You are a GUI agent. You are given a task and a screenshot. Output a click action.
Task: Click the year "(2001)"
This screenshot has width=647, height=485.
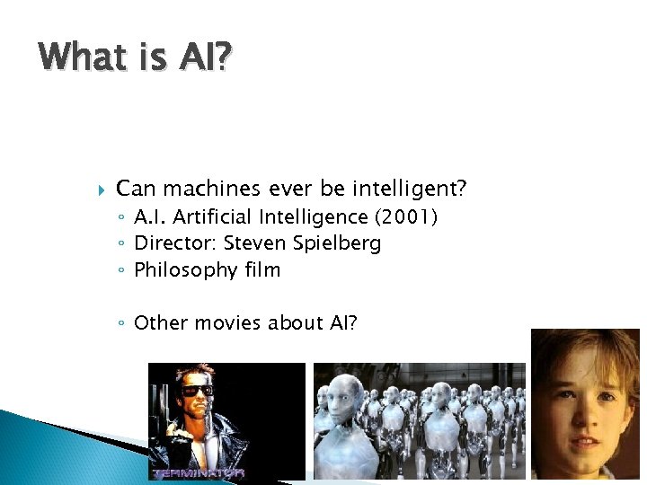point(405,216)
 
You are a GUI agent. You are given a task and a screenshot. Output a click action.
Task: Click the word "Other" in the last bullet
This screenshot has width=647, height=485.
point(159,322)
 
